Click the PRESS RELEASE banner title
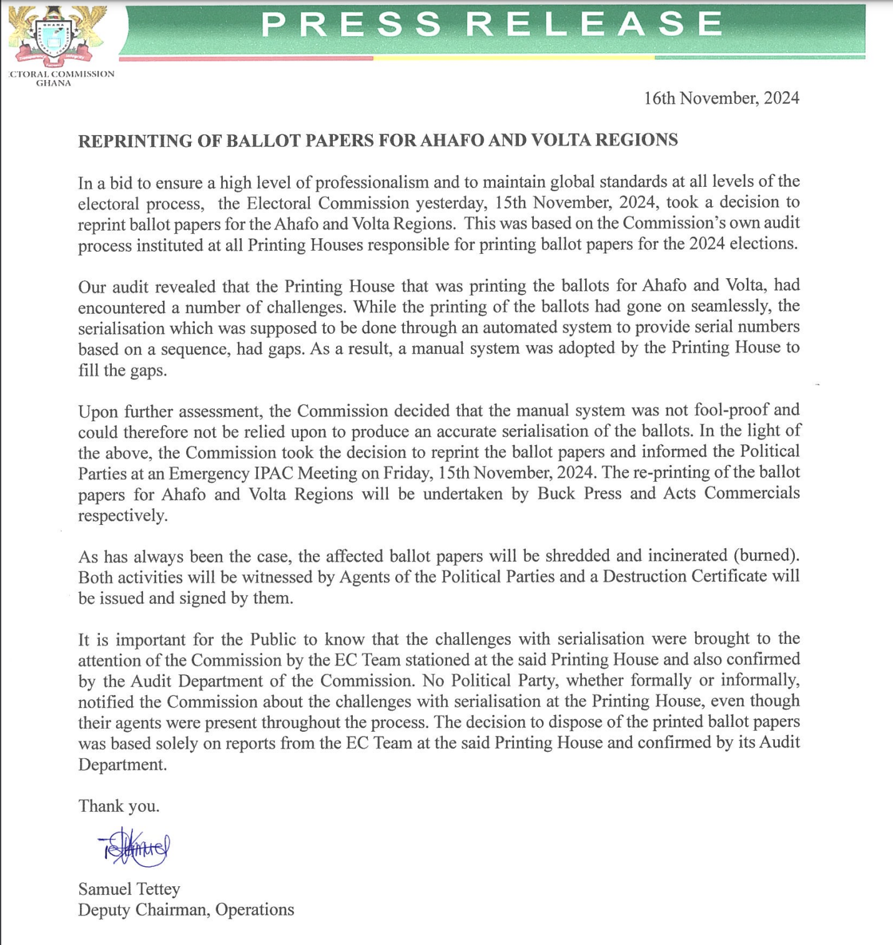491,25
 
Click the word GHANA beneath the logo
53,83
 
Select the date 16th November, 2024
721,98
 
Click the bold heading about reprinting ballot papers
378,140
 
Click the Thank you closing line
119,806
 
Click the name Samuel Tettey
129,889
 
